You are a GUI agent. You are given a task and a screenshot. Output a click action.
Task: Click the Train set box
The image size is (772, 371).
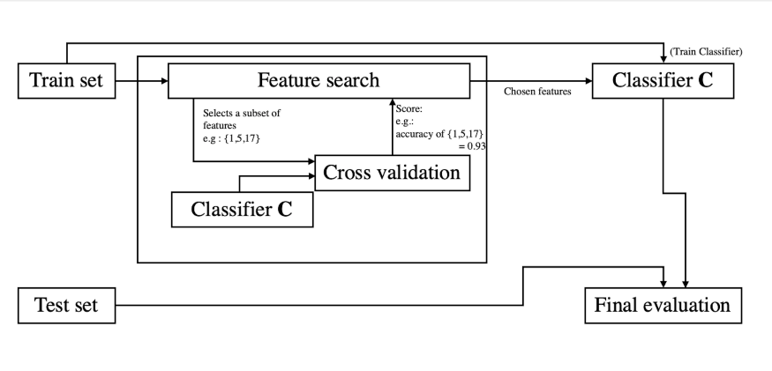click(66, 81)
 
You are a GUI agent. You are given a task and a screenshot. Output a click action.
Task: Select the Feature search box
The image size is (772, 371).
click(318, 81)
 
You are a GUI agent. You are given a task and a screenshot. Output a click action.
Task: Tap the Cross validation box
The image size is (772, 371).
click(392, 173)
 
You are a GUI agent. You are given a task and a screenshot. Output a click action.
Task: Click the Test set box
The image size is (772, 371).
click(66, 306)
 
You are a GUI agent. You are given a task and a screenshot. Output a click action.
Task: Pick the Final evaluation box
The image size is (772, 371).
click(663, 306)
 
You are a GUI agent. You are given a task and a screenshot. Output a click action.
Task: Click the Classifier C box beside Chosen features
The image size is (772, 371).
click(663, 81)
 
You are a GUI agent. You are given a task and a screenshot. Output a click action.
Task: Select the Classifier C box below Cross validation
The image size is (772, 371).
click(242, 210)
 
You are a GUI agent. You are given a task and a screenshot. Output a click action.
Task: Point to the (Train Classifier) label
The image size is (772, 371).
click(706, 52)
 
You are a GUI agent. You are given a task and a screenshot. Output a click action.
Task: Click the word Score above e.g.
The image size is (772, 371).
click(408, 108)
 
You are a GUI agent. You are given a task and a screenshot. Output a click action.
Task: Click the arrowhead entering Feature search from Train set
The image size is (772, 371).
click(164, 81)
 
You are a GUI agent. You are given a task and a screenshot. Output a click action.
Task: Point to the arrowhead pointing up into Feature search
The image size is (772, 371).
click(393, 101)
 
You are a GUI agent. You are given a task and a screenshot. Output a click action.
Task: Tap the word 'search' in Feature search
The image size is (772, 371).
click(350, 81)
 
